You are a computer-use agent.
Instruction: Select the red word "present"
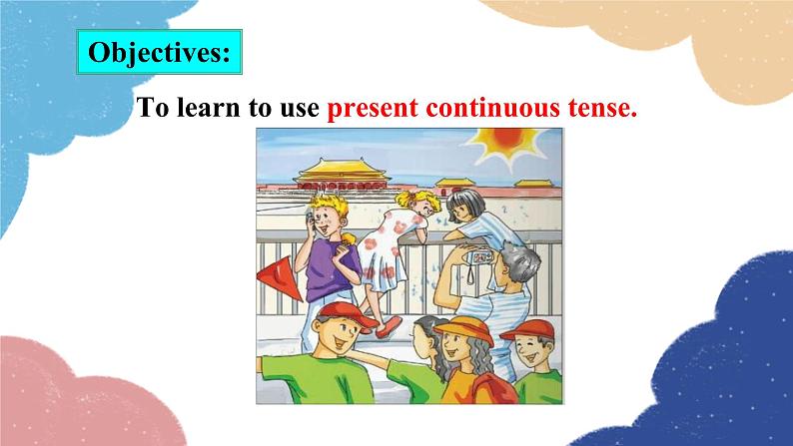coord(372,108)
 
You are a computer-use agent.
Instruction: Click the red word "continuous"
coord(488,108)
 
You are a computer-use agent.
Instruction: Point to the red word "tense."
coord(601,108)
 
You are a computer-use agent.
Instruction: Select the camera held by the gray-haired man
coord(479,256)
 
